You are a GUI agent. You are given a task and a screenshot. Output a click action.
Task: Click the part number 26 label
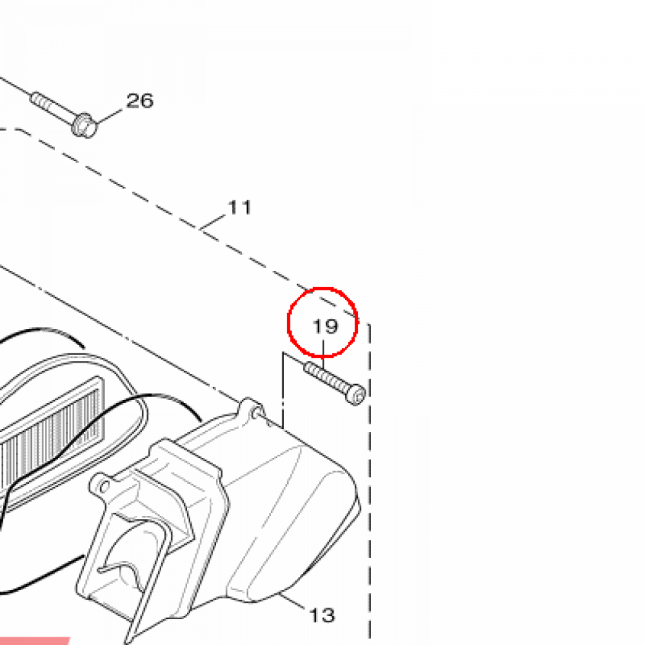[140, 101]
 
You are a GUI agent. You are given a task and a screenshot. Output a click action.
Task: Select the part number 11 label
[239, 207]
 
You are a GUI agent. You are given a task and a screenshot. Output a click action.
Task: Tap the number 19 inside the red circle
[326, 327]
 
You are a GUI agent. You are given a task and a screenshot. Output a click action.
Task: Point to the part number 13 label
[322, 616]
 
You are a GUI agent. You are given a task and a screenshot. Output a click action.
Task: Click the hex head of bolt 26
[84, 125]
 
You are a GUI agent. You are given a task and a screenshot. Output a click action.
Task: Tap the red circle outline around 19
[288, 322]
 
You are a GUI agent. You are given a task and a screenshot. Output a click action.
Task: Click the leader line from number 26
[109, 117]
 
